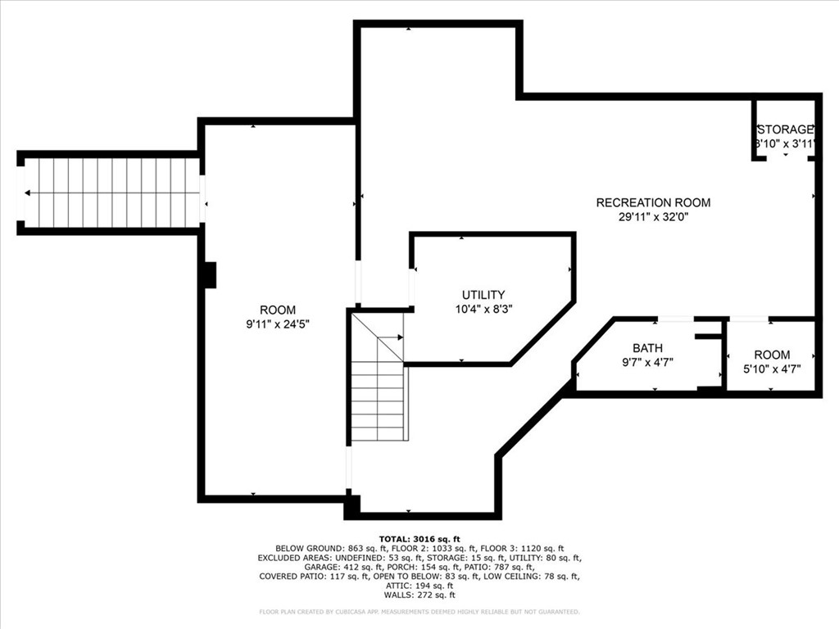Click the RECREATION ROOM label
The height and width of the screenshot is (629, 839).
pyautogui.click(x=653, y=202)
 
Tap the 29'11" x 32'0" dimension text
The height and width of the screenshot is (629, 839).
pyautogui.click(x=653, y=217)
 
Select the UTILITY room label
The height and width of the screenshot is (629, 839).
pyautogui.click(x=483, y=295)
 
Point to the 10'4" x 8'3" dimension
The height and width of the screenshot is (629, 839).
pyautogui.click(x=483, y=309)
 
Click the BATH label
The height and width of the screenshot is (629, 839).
pyautogui.click(x=647, y=348)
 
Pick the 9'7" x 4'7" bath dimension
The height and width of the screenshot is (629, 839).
pyautogui.click(x=647, y=362)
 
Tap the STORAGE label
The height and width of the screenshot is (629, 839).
pyautogui.click(x=785, y=129)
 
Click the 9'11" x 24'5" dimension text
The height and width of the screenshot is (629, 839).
pyautogui.click(x=278, y=324)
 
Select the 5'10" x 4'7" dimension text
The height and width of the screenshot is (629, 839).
pyautogui.click(x=772, y=369)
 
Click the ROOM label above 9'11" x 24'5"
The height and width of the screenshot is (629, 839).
pyautogui.click(x=278, y=310)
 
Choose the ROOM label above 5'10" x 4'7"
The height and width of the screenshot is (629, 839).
pyautogui.click(x=772, y=355)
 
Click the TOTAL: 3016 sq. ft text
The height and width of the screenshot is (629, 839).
pyautogui.click(x=419, y=537)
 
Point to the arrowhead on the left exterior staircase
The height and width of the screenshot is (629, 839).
pyautogui.click(x=29, y=193)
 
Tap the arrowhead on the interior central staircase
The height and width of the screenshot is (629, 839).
pyautogui.click(x=399, y=337)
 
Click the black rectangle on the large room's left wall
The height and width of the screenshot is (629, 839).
pyautogui.click(x=209, y=274)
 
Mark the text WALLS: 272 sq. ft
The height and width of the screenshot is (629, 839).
pyautogui.click(x=419, y=595)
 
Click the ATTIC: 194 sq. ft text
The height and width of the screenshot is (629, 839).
pyautogui.click(x=419, y=586)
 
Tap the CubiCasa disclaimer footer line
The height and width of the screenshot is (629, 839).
pyautogui.click(x=419, y=612)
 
